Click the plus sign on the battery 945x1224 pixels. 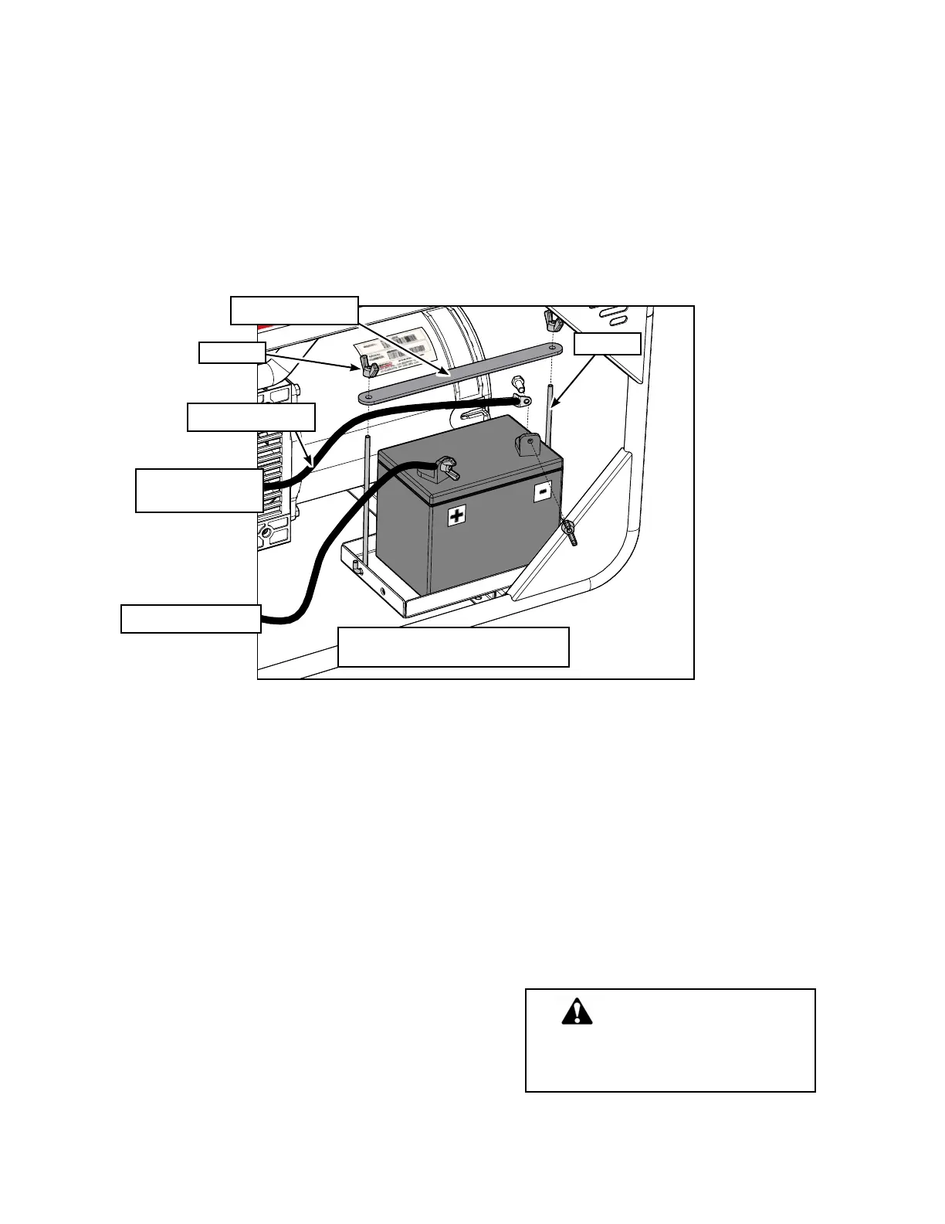point(458,515)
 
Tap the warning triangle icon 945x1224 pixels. point(577,1012)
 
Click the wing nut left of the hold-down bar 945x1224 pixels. point(367,362)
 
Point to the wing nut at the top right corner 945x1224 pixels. point(551,318)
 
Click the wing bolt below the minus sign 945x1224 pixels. point(571,533)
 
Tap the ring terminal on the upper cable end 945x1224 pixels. point(521,401)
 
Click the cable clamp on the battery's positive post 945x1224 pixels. point(445,467)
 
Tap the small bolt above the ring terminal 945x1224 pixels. point(518,382)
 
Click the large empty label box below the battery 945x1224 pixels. point(453,647)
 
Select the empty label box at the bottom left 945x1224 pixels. point(191,619)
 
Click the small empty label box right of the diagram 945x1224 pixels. point(607,343)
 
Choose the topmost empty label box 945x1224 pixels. point(294,310)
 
